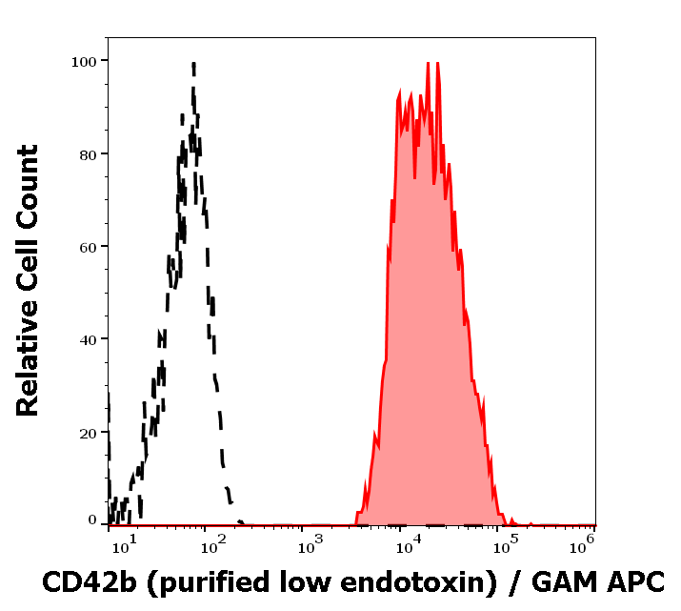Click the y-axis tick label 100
click(84, 61)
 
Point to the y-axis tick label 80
click(88, 153)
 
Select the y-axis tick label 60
click(88, 247)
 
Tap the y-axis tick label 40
click(88, 339)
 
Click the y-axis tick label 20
click(88, 433)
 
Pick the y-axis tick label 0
click(92, 520)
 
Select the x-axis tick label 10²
click(213, 543)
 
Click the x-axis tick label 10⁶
click(588, 543)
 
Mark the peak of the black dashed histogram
click(193, 65)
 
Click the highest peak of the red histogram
click(428, 63)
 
